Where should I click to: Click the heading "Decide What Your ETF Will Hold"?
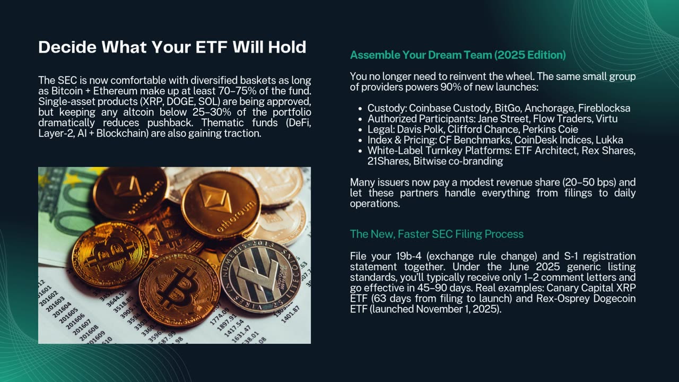coord(172,47)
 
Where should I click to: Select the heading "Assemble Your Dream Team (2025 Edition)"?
coord(458,55)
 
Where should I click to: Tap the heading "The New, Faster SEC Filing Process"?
coord(437,234)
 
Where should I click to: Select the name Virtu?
coord(606,119)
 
